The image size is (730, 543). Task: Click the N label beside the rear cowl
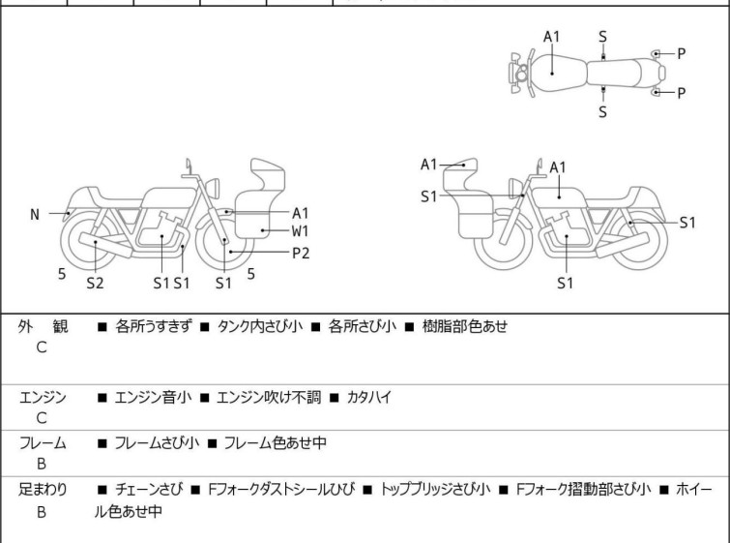[x=35, y=214]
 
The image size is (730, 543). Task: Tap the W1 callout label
[x=301, y=230]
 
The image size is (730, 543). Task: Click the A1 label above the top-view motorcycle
[x=551, y=37]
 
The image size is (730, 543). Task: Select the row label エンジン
[x=43, y=397]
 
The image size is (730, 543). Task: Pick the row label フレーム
[x=43, y=443]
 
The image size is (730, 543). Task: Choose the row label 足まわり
[x=43, y=490]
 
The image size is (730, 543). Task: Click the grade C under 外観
[x=42, y=347]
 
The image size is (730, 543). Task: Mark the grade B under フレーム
[x=42, y=465]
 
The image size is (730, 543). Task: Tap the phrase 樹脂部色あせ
[x=464, y=326]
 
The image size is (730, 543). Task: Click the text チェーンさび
[x=151, y=490]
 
